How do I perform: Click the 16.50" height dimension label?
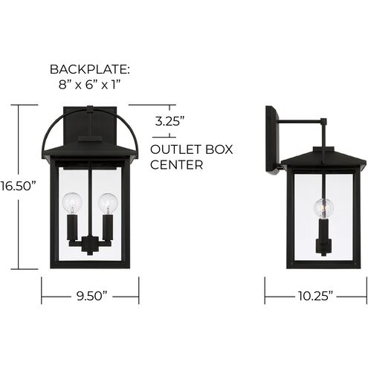[x=18, y=186]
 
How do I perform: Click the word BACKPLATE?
[x=89, y=69]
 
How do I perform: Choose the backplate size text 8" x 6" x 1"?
[x=90, y=85]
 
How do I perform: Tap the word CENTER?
[x=177, y=165]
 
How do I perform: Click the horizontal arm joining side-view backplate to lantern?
[x=301, y=120]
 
